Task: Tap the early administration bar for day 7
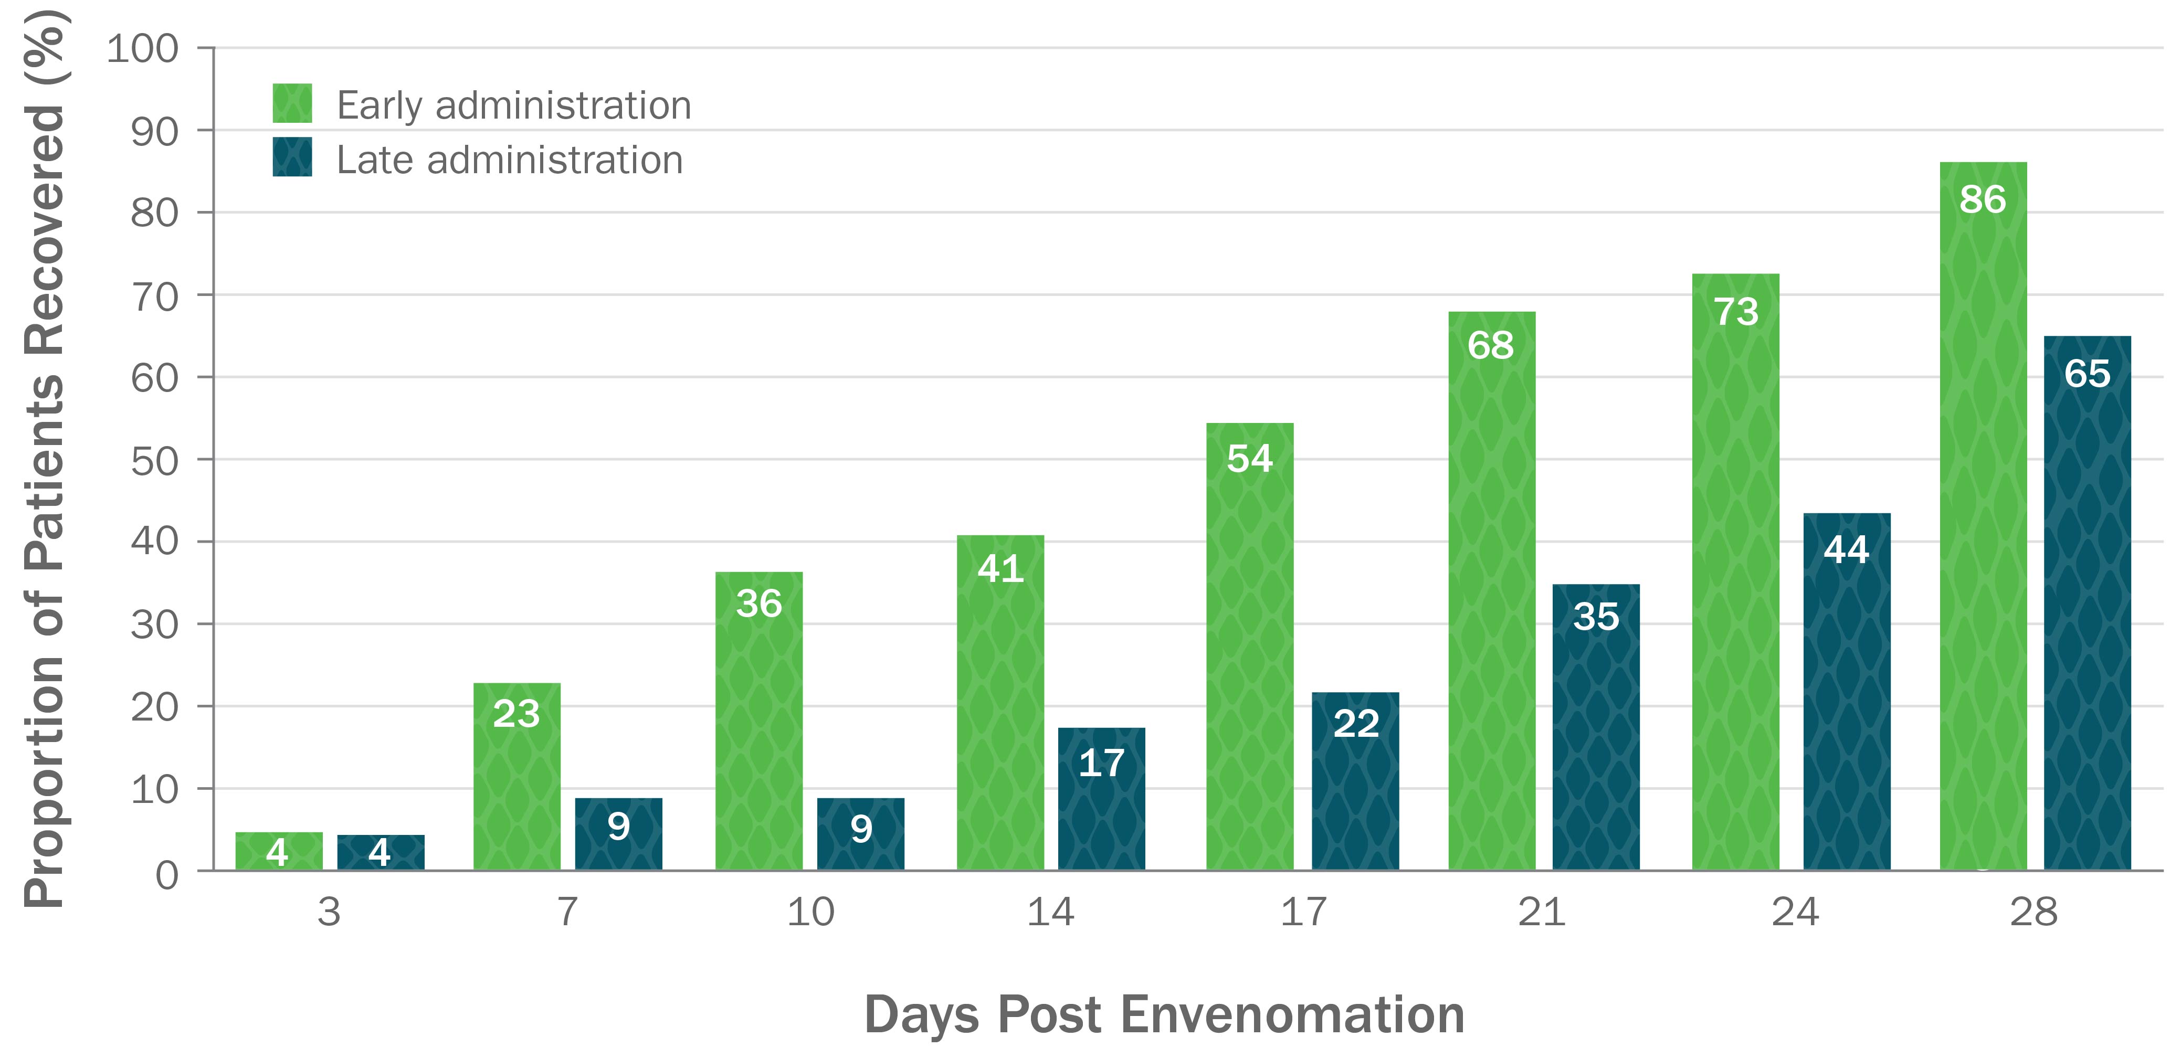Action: [517, 776]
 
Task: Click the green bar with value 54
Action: [1250, 646]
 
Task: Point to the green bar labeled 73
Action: [1736, 571]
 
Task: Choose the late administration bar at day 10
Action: [860, 834]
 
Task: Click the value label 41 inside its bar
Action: [1001, 568]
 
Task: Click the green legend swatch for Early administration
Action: [292, 103]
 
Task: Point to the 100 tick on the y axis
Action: [142, 49]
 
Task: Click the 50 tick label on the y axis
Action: [154, 461]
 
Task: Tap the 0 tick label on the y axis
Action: [167, 874]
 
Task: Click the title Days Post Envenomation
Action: [1164, 1014]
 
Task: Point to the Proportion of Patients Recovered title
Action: [44, 457]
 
